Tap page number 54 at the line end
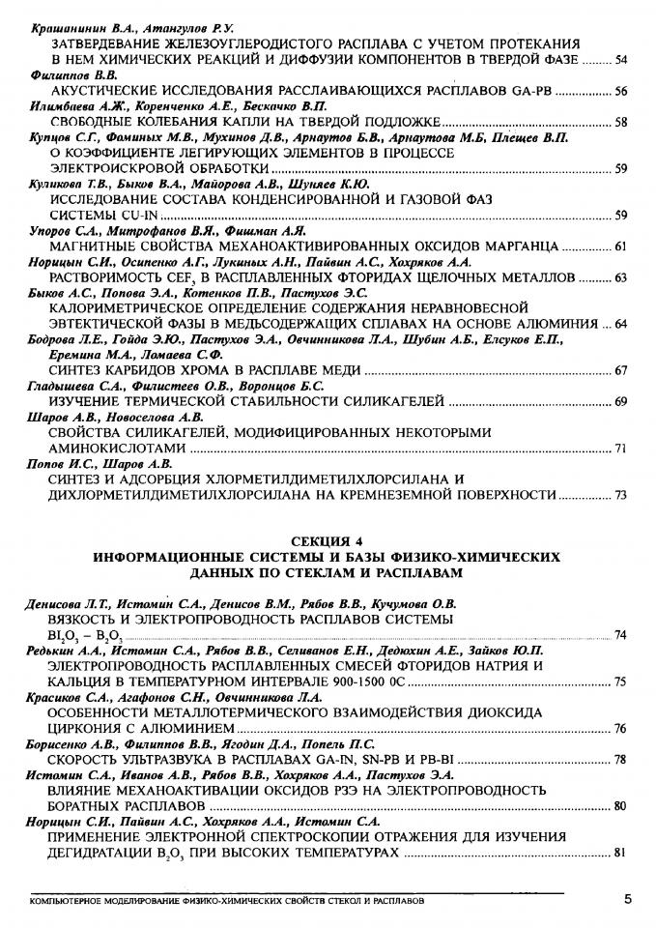coord(620,61)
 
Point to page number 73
coord(620,495)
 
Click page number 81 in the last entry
coord(620,854)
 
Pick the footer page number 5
coord(627,899)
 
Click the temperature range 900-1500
coord(348,681)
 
